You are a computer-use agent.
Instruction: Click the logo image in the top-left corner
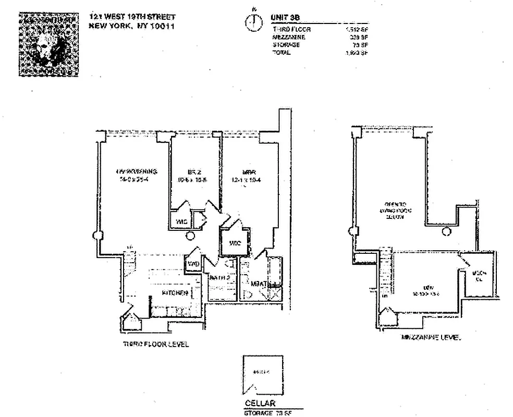point(48,45)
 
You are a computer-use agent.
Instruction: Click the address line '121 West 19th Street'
point(132,17)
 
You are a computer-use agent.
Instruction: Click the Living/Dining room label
point(137,176)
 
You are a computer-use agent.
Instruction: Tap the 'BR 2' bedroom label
point(194,176)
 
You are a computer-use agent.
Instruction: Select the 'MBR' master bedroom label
point(248,176)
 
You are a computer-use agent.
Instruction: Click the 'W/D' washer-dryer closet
point(193,264)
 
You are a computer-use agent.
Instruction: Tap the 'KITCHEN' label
point(175,293)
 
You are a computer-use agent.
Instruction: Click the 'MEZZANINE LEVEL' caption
point(431,338)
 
